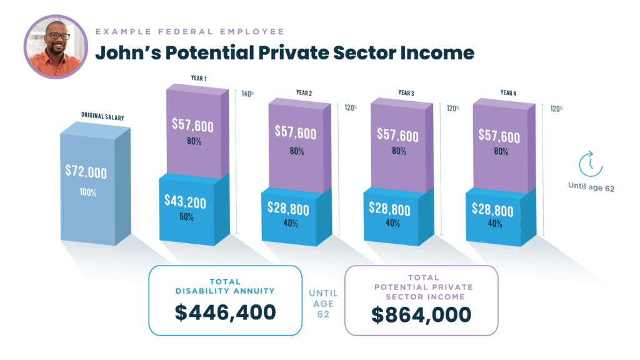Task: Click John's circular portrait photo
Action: [x=56, y=47]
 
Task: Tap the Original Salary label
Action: [x=102, y=116]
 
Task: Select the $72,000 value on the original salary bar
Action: [x=86, y=172]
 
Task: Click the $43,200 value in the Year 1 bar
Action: [x=185, y=202]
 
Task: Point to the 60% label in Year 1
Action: [x=186, y=217]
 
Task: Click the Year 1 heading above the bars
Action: [x=199, y=78]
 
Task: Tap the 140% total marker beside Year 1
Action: [x=247, y=94]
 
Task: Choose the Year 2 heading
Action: [x=304, y=93]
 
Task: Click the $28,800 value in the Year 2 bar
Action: [x=288, y=209]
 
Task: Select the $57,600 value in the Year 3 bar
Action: [x=397, y=135]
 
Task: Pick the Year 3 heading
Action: [x=406, y=93]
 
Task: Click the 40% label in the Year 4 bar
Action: [x=495, y=223]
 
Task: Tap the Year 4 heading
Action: [x=508, y=93]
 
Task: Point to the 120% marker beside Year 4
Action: [x=556, y=109]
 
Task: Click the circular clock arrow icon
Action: [x=591, y=164]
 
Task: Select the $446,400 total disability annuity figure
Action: [x=225, y=312]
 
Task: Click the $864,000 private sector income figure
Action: [x=421, y=315]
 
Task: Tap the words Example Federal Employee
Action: [x=190, y=31]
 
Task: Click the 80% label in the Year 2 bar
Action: [x=297, y=151]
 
